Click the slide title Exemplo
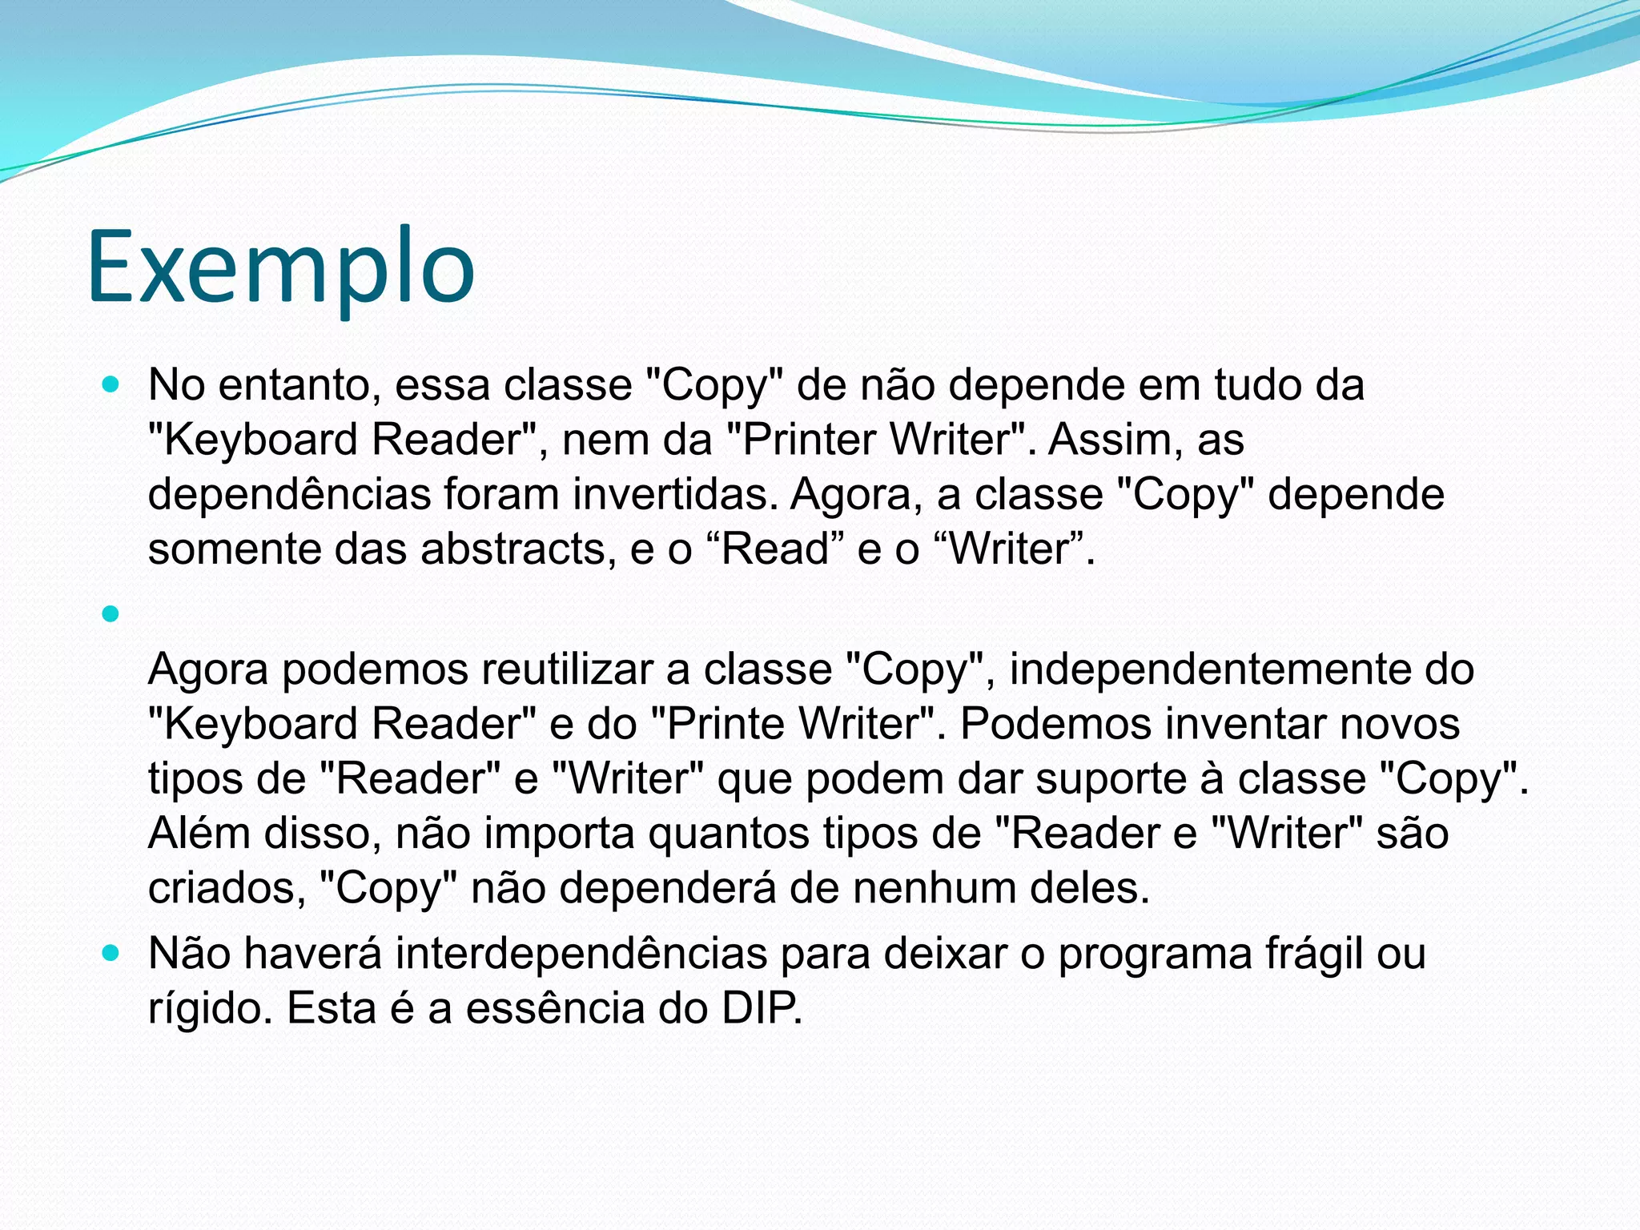point(281,267)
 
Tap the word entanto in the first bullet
point(297,385)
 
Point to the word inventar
point(1245,724)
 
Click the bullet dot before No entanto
point(111,385)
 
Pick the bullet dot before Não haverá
point(111,954)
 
